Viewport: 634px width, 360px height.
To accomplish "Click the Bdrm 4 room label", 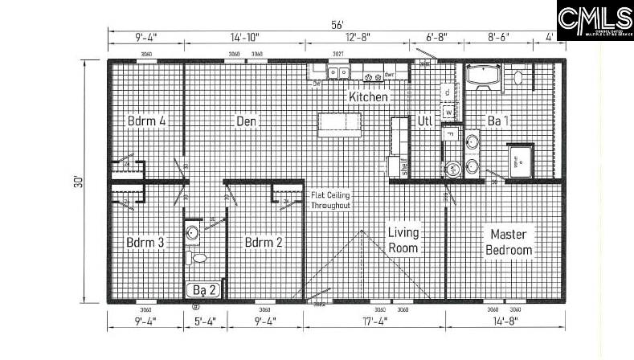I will point(146,121).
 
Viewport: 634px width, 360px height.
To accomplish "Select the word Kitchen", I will point(368,97).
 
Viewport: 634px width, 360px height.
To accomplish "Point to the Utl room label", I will point(425,121).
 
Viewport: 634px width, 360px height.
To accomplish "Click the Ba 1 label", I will point(498,121).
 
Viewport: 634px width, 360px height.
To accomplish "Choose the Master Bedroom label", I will point(509,242).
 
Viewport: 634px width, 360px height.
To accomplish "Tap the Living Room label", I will point(403,240).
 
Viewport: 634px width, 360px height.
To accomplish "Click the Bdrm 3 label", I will point(145,242).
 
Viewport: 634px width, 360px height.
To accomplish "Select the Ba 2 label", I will point(203,289).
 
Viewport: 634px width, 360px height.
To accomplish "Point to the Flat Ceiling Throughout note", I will point(331,200).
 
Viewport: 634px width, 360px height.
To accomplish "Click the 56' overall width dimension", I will point(337,23).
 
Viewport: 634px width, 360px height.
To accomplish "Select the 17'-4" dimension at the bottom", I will point(374,323).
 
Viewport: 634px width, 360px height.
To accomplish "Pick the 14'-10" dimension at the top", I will point(244,37).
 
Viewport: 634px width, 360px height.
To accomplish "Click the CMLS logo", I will point(595,19).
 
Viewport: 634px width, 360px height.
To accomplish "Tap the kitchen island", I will point(339,124).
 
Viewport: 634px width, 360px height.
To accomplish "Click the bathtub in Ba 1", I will point(485,77).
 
